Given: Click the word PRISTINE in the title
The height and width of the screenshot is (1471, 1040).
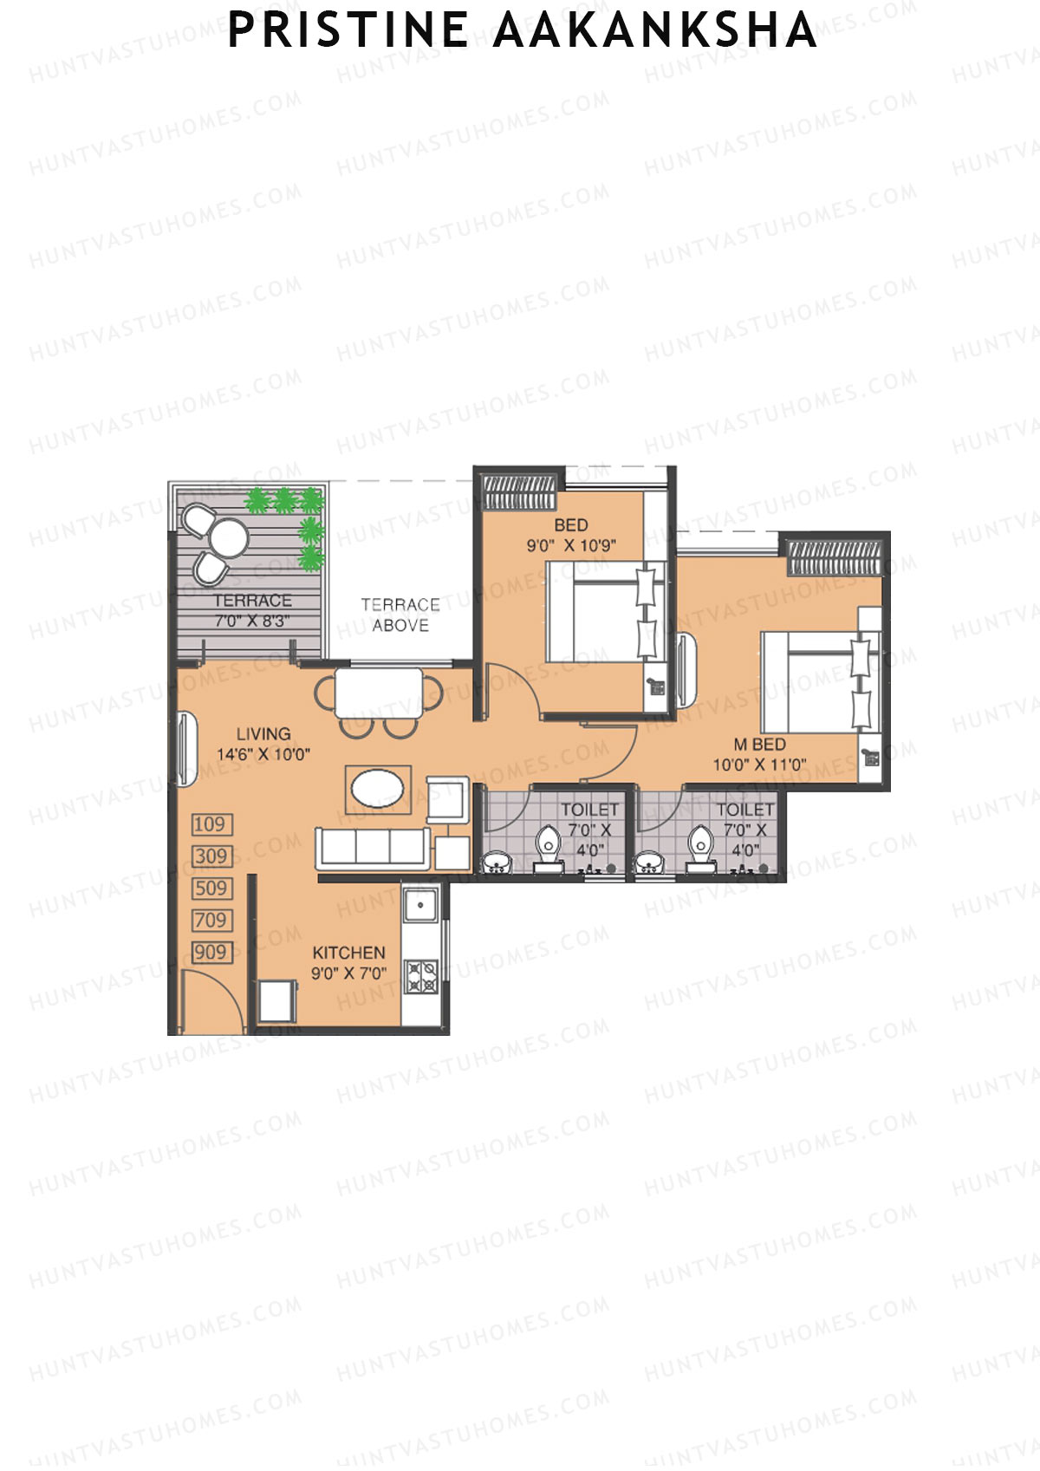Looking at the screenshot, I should coord(348,30).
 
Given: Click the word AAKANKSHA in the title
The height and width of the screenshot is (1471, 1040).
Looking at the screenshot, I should coord(655,30).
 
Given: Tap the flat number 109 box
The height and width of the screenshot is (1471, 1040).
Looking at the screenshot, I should coord(211,824).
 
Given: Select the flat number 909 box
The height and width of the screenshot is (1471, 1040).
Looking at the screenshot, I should coord(211,952).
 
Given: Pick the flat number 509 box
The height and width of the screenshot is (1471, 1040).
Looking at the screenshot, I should coord(211,888).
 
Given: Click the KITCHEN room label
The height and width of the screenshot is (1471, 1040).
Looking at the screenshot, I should coord(348,952).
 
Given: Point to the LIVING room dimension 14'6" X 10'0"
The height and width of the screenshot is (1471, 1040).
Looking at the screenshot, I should coord(263,754).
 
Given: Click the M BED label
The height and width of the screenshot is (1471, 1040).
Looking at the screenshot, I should coord(759,745).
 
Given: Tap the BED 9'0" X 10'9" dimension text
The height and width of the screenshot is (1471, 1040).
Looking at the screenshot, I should coord(571,546).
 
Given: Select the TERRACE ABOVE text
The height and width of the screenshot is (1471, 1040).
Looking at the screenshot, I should coord(400,615).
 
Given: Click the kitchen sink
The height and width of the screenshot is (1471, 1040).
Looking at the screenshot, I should coord(420,908).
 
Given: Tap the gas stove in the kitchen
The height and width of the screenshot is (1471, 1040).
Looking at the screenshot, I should coord(421,976).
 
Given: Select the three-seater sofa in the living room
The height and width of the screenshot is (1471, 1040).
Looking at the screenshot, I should coord(373,847).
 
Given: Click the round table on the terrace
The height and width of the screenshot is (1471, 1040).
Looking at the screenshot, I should coord(230,537).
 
